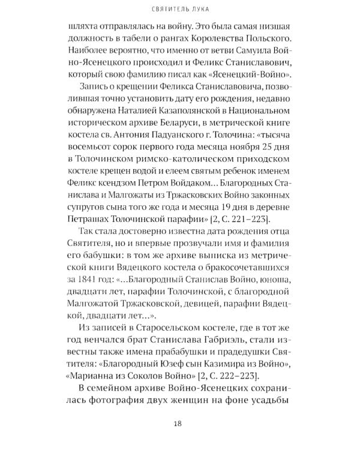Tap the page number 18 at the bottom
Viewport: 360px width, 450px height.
178,424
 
